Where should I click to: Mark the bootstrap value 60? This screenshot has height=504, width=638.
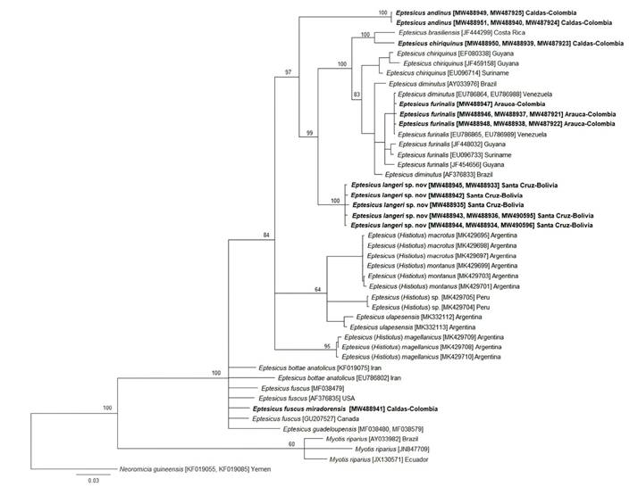[x=290, y=443]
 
